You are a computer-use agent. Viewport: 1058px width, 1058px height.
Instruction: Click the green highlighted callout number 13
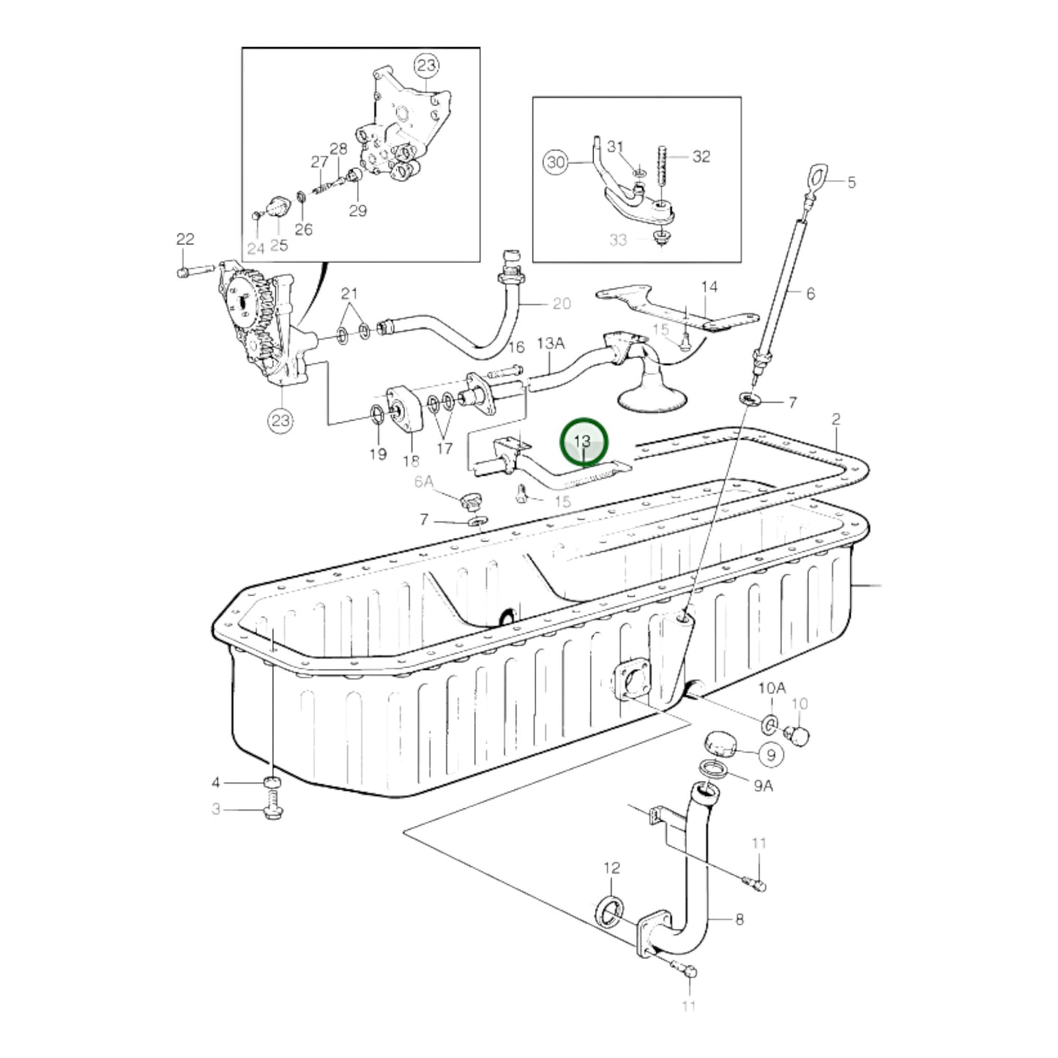583,442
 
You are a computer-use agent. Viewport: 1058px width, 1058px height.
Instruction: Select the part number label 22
185,239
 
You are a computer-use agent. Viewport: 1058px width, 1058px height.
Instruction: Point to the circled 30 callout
556,162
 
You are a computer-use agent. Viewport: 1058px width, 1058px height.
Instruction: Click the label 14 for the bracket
709,286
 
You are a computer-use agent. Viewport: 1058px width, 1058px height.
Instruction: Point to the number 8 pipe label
739,919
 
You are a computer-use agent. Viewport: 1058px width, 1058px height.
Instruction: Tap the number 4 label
216,783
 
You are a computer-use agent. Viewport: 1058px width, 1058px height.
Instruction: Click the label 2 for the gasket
836,420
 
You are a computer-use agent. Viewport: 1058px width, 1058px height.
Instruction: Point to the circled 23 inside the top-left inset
426,65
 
